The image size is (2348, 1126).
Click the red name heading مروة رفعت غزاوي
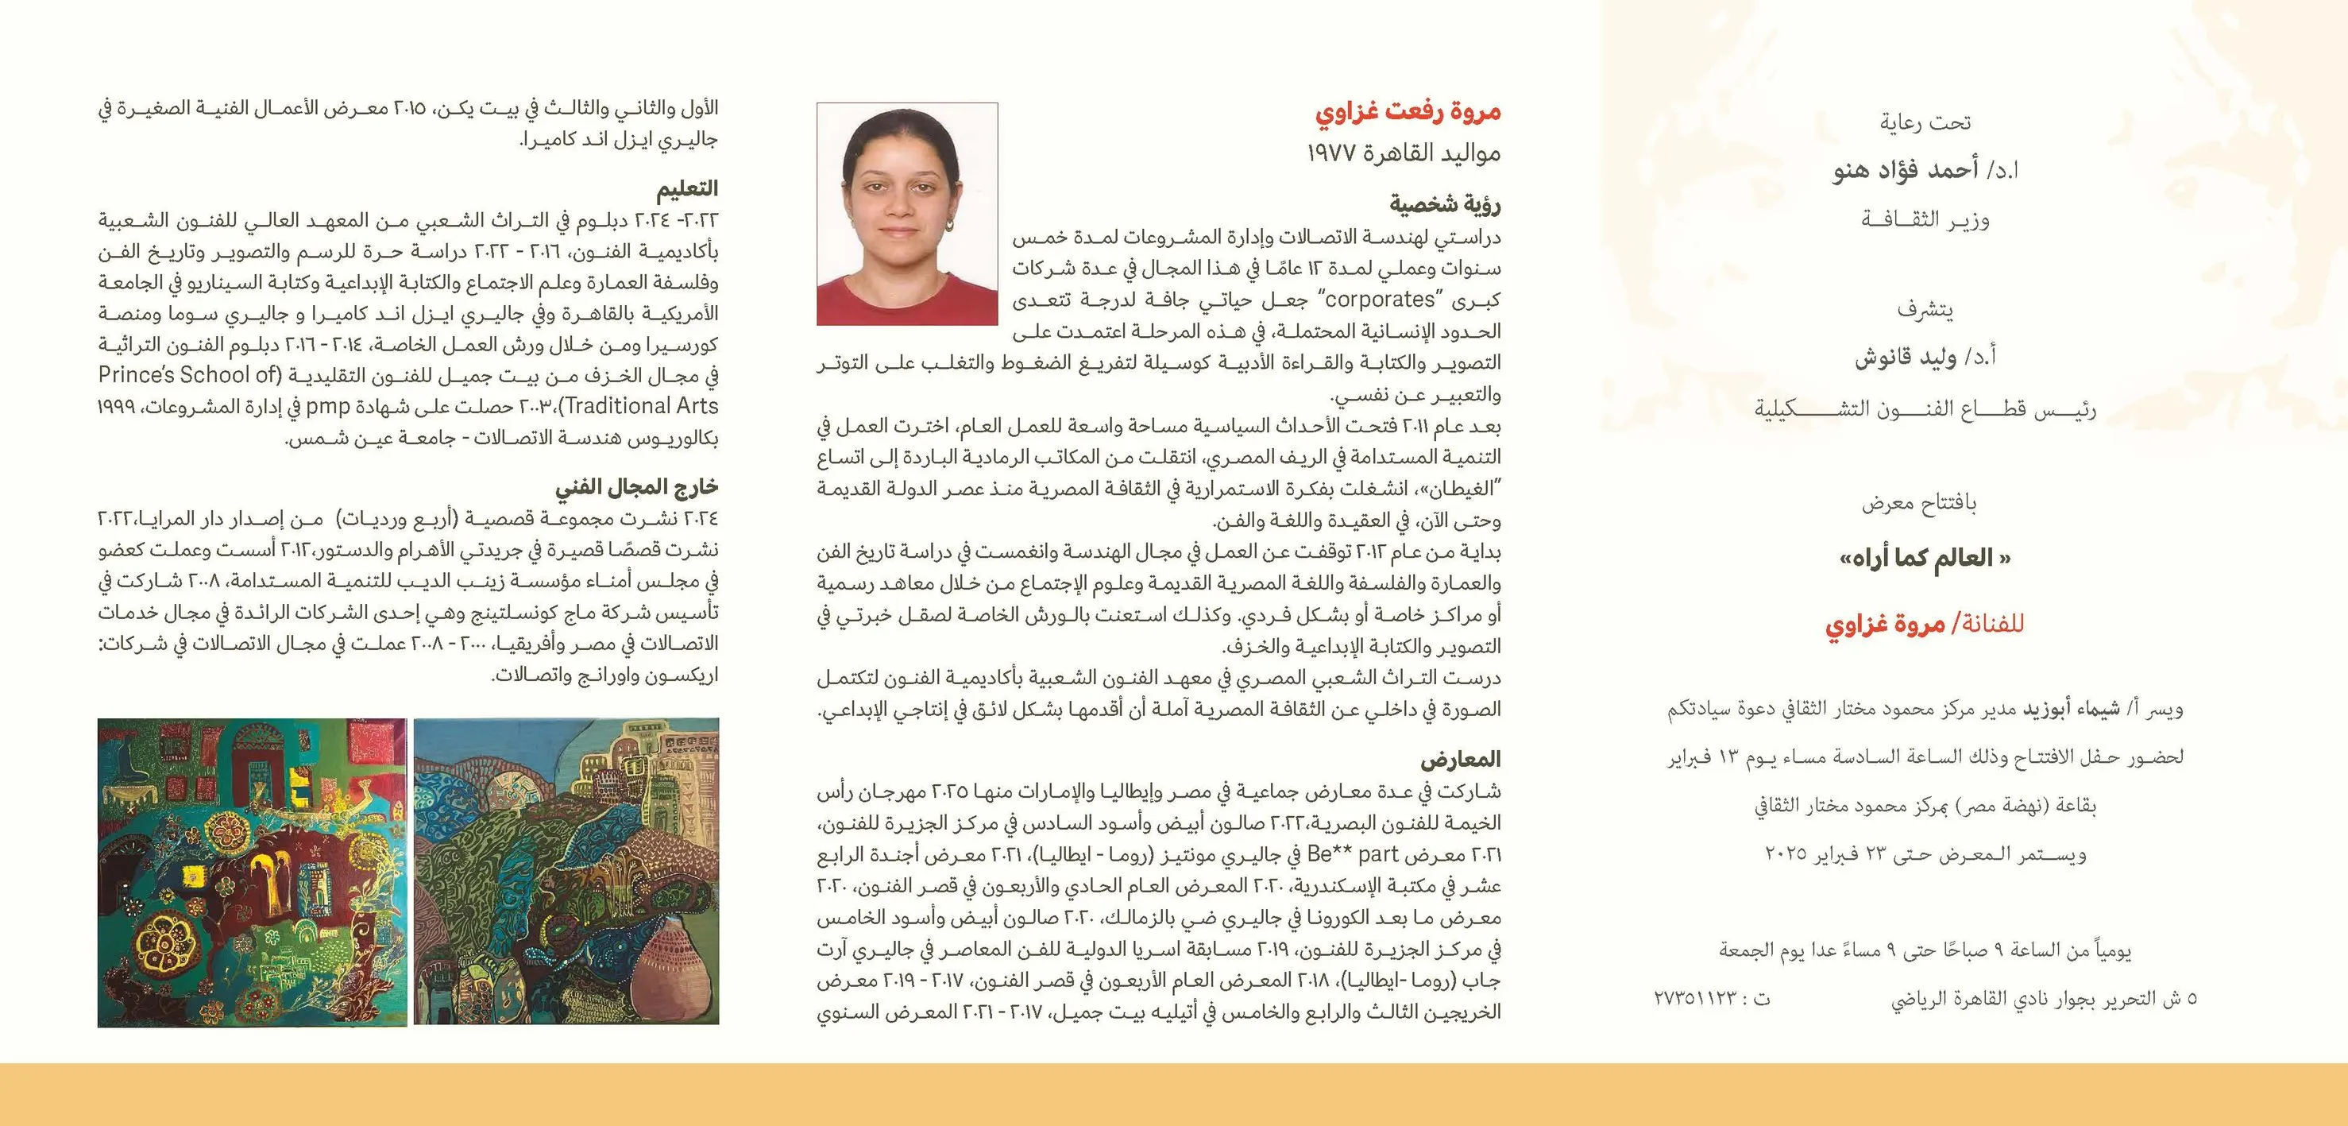1408,112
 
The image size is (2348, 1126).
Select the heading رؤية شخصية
1445,204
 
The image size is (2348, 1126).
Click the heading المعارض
1460,759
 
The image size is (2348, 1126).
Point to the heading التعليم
687,189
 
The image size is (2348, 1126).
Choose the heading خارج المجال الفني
636,488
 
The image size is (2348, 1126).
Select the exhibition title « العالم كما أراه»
1924,558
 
